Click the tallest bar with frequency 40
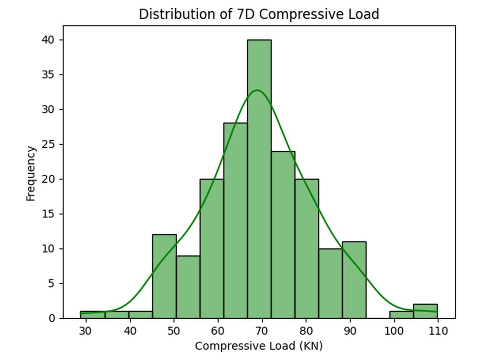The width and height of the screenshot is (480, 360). pos(259,179)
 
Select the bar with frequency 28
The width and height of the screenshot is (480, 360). pos(235,221)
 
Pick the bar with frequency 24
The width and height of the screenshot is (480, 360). pos(283,235)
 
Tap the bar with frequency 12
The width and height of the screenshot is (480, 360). pos(164,276)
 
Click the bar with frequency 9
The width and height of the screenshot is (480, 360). pos(188,287)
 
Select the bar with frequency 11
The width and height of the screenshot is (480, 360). pos(354,280)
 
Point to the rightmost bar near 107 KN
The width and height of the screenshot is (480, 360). pos(425,312)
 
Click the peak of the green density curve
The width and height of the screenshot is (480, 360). pos(257,90)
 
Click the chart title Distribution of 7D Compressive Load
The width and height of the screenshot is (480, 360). pos(259,14)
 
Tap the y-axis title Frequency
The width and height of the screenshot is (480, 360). pos(31,174)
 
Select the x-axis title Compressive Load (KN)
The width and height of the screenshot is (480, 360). pos(259,346)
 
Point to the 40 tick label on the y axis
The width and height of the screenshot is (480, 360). pos(48,40)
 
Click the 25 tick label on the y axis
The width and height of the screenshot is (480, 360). pos(48,144)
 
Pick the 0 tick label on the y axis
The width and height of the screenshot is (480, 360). pos(52,318)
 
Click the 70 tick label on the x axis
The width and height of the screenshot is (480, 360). pos(262,331)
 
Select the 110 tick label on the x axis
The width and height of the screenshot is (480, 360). pos(438,331)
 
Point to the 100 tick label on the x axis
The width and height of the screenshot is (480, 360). pos(394,331)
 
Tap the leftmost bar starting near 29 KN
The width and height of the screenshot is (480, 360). pos(93,315)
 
